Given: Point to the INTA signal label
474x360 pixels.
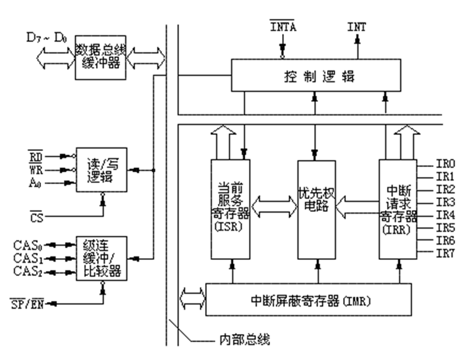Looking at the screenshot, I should (283, 27).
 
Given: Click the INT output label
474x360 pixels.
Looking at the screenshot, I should (357, 27).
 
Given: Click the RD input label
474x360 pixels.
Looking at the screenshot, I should (36, 156).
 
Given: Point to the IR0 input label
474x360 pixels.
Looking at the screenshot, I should (445, 164).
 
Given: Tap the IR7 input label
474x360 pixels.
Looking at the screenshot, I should (445, 253).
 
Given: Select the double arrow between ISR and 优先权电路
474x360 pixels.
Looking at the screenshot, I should (274, 208).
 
